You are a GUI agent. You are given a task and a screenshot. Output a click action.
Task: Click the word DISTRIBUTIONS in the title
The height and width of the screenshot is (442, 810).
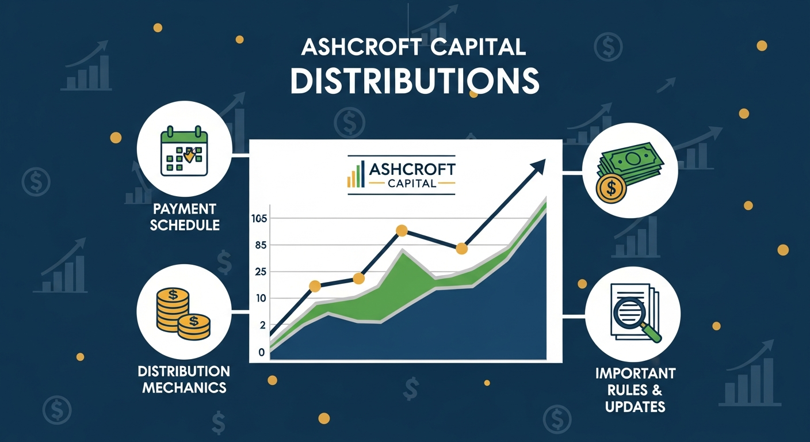point(414,81)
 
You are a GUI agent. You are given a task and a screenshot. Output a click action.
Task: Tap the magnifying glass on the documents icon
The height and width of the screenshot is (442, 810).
point(631,314)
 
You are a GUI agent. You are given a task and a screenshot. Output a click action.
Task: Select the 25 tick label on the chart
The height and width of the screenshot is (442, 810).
point(261,272)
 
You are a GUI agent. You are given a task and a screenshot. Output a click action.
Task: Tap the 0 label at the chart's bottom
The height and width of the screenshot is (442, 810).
point(262,352)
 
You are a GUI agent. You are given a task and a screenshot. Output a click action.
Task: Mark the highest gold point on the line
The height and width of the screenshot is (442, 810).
point(402,231)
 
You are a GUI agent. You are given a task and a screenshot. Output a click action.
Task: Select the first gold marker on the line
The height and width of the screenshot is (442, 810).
point(315,286)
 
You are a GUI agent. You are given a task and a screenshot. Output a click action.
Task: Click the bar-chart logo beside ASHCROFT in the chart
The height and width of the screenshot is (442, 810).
point(356,176)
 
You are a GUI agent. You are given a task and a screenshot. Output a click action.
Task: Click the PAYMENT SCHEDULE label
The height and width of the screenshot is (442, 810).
point(185,216)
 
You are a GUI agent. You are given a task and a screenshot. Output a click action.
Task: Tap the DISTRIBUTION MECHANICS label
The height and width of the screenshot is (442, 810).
point(184,379)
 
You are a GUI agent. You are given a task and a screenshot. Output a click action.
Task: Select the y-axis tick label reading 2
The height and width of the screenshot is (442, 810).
point(263,325)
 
